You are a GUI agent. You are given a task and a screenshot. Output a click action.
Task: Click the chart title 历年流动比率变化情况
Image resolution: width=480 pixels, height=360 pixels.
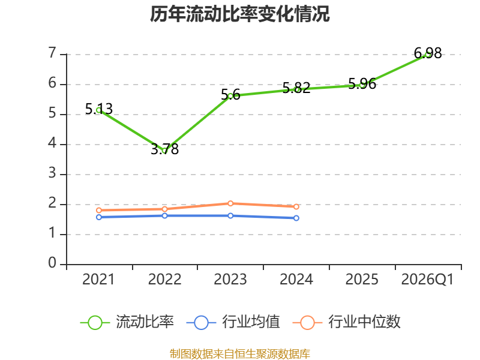click(x=239, y=14)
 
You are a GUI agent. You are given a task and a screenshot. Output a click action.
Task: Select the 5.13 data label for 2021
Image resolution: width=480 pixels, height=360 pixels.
click(x=98, y=109)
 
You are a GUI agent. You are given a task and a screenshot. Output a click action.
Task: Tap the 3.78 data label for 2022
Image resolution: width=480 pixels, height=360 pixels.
click(x=164, y=149)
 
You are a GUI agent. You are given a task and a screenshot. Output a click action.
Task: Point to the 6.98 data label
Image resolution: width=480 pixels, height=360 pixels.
click(x=428, y=53)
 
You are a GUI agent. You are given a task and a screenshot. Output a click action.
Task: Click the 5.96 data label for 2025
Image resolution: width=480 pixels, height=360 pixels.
click(x=362, y=83)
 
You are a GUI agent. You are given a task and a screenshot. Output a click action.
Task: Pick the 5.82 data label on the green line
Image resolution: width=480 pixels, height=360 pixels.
click(x=296, y=88)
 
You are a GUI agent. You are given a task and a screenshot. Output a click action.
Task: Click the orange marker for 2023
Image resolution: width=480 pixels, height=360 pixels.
click(x=230, y=203)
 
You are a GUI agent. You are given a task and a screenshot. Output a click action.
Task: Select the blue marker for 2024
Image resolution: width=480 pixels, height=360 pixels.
click(x=296, y=218)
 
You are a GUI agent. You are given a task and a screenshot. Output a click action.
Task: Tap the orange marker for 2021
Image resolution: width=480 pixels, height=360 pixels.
click(x=99, y=211)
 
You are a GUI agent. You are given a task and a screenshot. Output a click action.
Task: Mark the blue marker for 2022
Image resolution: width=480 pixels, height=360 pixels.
click(x=164, y=216)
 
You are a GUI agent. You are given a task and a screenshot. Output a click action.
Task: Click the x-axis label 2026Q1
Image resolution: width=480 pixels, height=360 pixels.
click(x=427, y=280)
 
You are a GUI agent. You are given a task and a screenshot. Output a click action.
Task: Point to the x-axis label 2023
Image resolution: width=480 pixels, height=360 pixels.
click(x=230, y=280)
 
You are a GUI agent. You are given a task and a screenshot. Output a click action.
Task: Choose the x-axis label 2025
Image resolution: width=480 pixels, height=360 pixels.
click(x=362, y=280)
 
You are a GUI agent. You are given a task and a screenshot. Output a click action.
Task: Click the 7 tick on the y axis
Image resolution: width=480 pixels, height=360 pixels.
click(x=52, y=53)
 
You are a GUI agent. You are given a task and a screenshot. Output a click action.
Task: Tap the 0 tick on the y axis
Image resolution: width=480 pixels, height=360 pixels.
click(x=52, y=263)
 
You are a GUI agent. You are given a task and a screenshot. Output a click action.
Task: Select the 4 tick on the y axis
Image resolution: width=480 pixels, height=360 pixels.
click(x=52, y=143)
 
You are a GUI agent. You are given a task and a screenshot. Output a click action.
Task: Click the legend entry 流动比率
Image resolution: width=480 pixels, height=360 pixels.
click(x=127, y=322)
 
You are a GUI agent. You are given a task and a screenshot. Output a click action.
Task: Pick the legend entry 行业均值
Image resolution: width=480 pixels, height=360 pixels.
click(x=233, y=322)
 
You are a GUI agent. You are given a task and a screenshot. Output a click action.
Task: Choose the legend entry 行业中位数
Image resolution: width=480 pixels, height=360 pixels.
click(x=347, y=322)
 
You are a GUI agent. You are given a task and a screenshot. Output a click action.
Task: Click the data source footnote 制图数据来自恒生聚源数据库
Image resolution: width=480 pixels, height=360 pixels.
click(x=239, y=354)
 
